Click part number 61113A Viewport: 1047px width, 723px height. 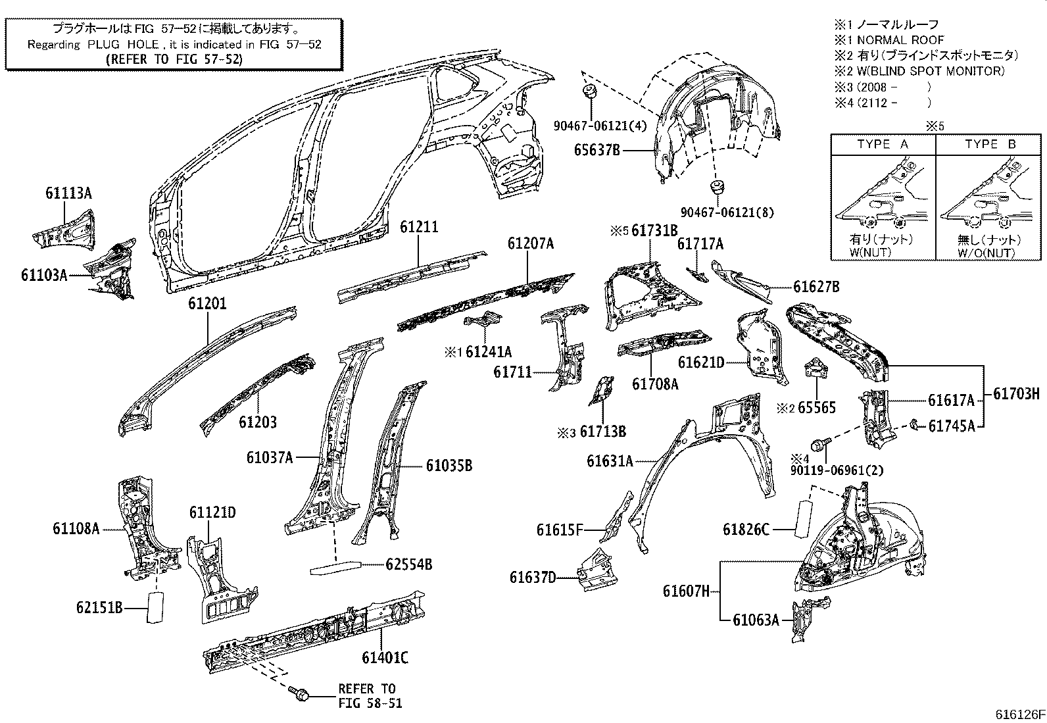pyautogui.click(x=68, y=193)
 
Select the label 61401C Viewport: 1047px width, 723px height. pyautogui.click(x=385, y=657)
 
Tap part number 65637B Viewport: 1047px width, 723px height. pyautogui.click(x=597, y=150)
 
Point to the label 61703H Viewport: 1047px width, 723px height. pyautogui.click(x=1016, y=394)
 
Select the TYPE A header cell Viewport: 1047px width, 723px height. pyautogui.click(x=883, y=145)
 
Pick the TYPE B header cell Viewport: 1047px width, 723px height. pyautogui.click(x=990, y=145)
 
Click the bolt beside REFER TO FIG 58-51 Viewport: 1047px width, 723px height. pyautogui.click(x=298, y=693)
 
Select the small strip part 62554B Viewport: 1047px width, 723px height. pyautogui.click(x=336, y=567)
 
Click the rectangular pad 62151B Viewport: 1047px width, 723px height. pyautogui.click(x=155, y=607)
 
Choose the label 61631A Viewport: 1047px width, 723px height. pyautogui.click(x=610, y=461)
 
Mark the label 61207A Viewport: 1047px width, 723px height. pyautogui.click(x=530, y=244)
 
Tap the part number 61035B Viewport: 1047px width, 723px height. pyautogui.click(x=449, y=466)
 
